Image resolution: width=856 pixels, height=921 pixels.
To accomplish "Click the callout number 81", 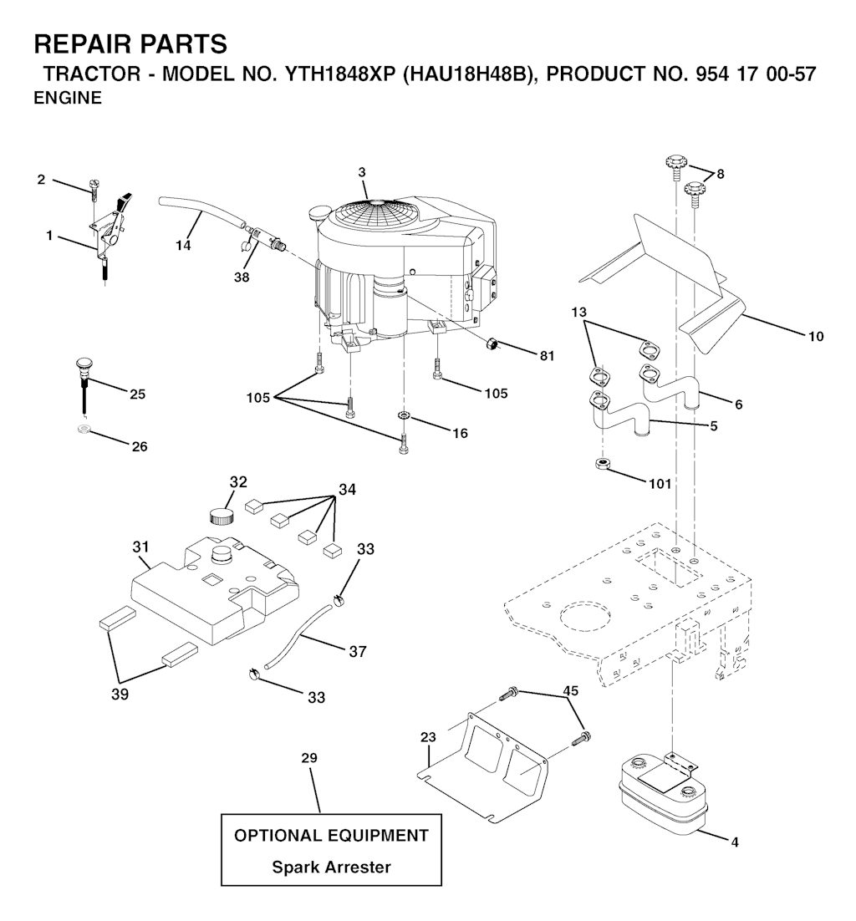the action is click(x=547, y=356).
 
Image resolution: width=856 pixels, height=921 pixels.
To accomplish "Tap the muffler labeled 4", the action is click(x=663, y=796).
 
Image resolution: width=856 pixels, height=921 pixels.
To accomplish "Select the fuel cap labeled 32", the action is click(x=222, y=516).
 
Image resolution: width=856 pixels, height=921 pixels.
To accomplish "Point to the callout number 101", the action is click(x=660, y=483).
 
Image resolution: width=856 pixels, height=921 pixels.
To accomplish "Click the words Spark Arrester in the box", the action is click(x=331, y=867).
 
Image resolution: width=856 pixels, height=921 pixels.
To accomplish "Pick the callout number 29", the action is click(x=309, y=758).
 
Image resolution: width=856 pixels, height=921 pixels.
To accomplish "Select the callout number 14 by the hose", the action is click(x=183, y=246).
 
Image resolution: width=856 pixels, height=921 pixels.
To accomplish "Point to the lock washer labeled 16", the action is click(x=404, y=416).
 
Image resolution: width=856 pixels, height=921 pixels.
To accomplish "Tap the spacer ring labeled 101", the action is click(x=602, y=465).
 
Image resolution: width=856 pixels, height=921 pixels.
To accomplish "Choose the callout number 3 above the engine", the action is click(x=362, y=172).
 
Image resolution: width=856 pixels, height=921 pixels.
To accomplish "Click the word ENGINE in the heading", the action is click(x=68, y=98).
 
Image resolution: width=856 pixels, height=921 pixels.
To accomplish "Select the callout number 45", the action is click(x=570, y=690).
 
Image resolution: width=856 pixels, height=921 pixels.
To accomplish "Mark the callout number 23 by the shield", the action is click(x=428, y=736).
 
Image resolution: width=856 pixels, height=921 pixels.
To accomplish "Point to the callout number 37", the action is click(x=357, y=651).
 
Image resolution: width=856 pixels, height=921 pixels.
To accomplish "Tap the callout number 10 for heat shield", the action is click(x=816, y=337).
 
